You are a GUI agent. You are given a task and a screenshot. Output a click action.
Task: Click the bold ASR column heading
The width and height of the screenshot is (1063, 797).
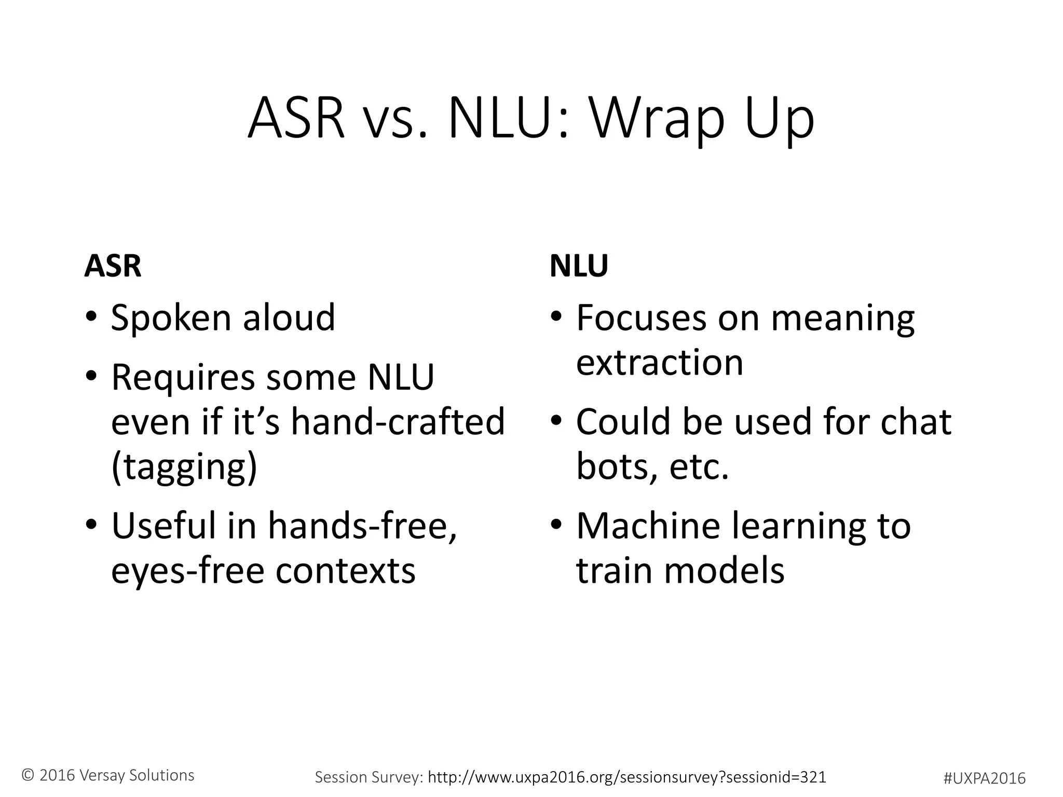click(x=113, y=266)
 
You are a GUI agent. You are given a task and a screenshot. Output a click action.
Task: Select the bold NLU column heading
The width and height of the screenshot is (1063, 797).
click(x=579, y=266)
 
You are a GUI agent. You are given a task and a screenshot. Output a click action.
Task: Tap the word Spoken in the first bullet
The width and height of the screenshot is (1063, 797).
click(x=171, y=318)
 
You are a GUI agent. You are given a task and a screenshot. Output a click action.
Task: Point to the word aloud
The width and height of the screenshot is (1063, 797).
click(x=289, y=318)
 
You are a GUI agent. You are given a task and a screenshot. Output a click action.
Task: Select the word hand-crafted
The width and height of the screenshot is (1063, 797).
click(x=398, y=421)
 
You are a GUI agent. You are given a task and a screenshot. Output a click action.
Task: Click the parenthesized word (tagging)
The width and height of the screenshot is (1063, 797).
click(x=184, y=467)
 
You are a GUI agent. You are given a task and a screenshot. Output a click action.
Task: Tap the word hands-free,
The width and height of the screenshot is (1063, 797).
click(x=362, y=526)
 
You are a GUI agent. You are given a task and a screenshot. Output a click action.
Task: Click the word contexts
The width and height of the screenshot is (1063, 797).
click(x=345, y=571)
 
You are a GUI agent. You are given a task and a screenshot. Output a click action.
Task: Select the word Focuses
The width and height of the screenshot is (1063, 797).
click(x=642, y=318)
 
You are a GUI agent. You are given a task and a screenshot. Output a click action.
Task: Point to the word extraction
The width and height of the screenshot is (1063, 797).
click(x=660, y=362)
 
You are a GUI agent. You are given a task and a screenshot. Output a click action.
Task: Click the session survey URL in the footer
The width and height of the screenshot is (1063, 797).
click(x=627, y=777)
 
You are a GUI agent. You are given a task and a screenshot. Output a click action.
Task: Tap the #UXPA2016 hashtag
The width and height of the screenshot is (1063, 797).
click(x=984, y=778)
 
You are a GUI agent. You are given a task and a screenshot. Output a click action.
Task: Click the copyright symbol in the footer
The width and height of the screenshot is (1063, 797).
click(x=28, y=775)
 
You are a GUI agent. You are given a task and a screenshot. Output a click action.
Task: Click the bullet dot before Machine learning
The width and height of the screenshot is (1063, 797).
click(x=556, y=525)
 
